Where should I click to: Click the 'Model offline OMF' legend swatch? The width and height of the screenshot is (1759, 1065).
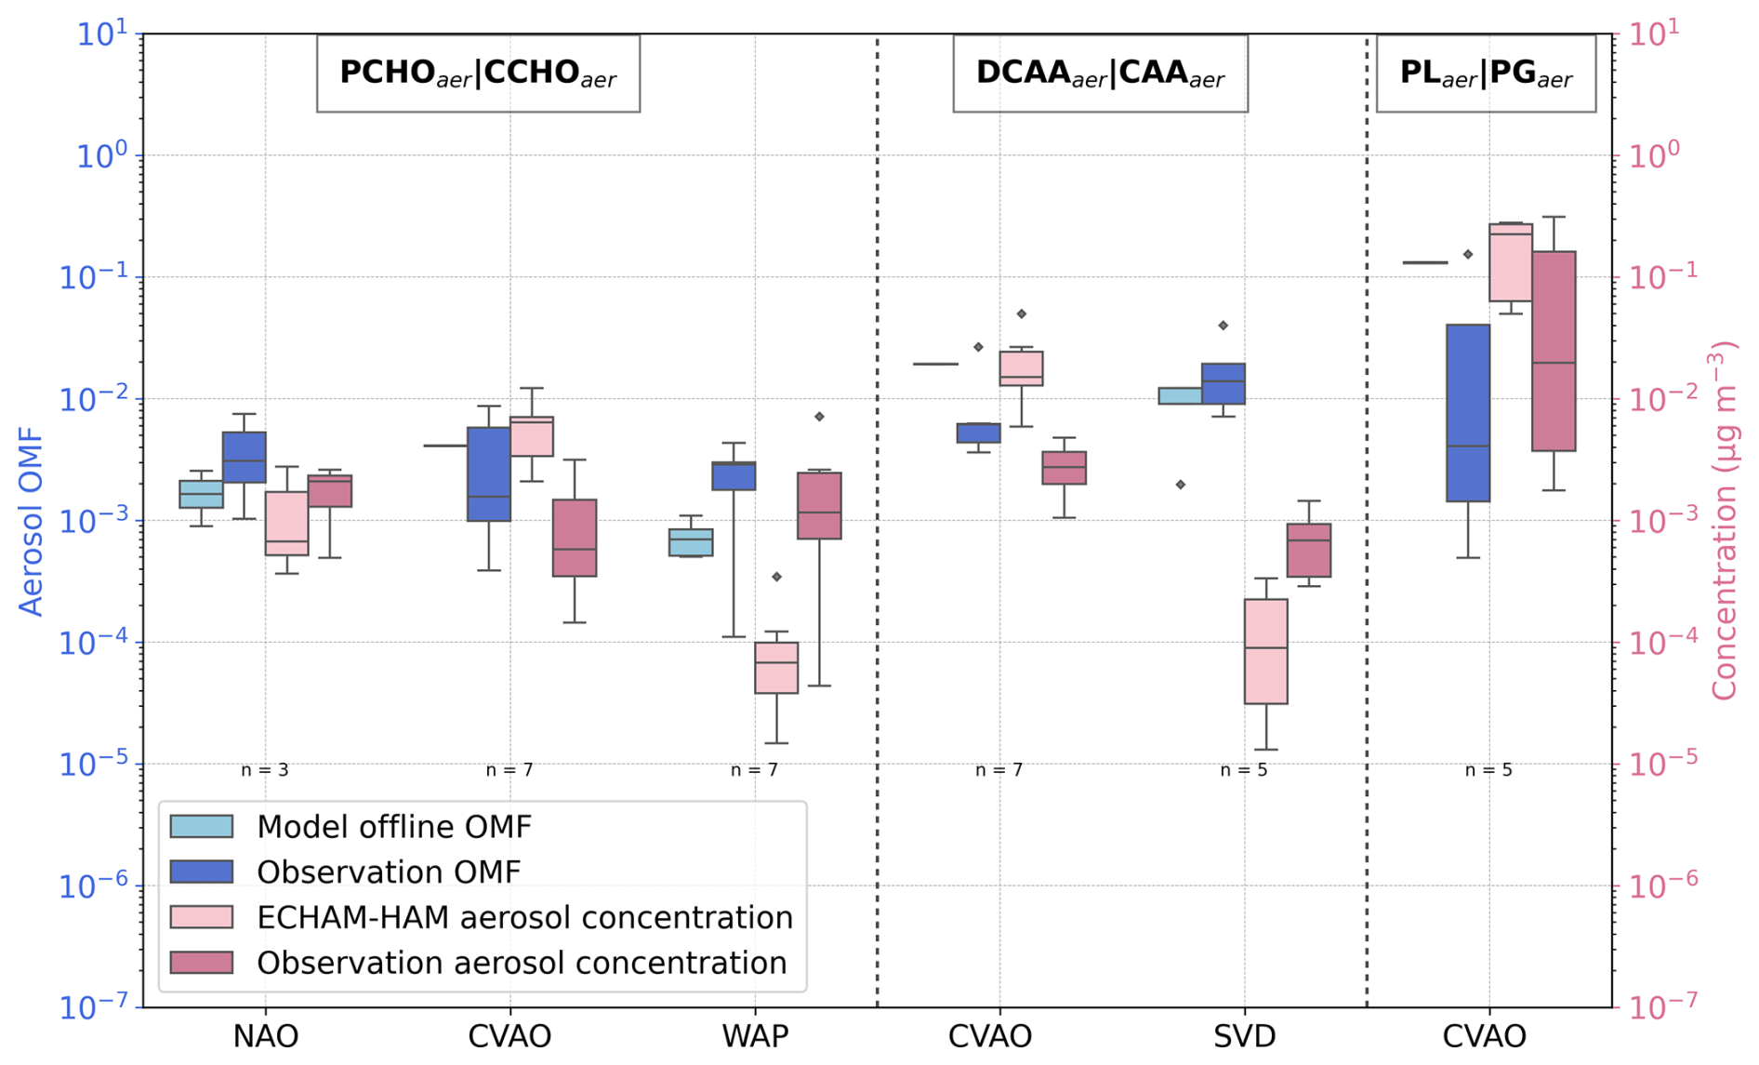[201, 826]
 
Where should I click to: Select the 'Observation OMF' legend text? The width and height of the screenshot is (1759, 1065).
[388, 872]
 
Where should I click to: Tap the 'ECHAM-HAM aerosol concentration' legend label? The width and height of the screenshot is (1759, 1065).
[524, 917]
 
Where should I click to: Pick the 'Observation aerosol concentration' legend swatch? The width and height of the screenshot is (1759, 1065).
[201, 963]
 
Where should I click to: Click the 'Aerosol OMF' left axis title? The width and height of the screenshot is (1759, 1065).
[32, 522]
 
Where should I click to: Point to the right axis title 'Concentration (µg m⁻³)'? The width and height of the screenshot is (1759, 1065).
[1725, 522]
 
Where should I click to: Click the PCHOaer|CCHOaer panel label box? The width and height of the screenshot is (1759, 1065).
[478, 73]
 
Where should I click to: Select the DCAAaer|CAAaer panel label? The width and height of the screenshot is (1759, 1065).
[1100, 73]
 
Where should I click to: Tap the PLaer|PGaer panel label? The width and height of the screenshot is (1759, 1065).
[1486, 73]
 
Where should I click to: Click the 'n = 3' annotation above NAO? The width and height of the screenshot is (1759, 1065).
[265, 770]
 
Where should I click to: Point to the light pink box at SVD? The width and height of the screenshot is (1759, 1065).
[1265, 651]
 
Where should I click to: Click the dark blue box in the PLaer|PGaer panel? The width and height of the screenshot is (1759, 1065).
[1468, 413]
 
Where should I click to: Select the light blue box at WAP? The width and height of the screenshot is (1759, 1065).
[691, 542]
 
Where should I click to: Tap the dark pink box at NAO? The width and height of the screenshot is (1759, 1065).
[330, 491]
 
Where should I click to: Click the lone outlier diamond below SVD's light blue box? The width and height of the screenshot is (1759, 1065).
[1181, 485]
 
